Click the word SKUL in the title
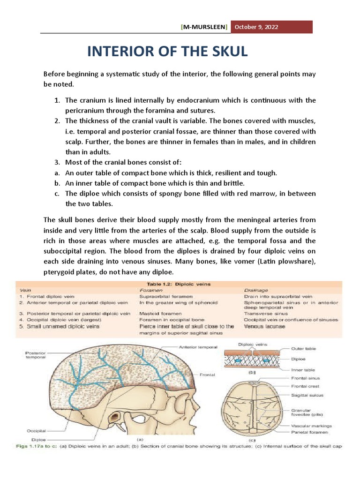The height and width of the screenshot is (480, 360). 225,52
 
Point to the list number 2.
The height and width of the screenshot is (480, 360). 56,121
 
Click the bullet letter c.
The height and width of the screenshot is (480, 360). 56,194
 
